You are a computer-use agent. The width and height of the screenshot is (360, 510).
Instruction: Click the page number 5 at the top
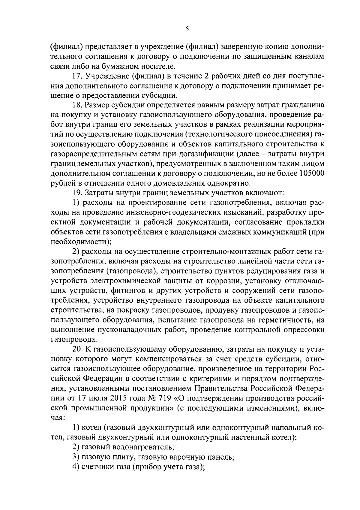click(187, 29)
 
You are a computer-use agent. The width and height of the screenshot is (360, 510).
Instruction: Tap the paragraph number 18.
click(77, 105)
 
